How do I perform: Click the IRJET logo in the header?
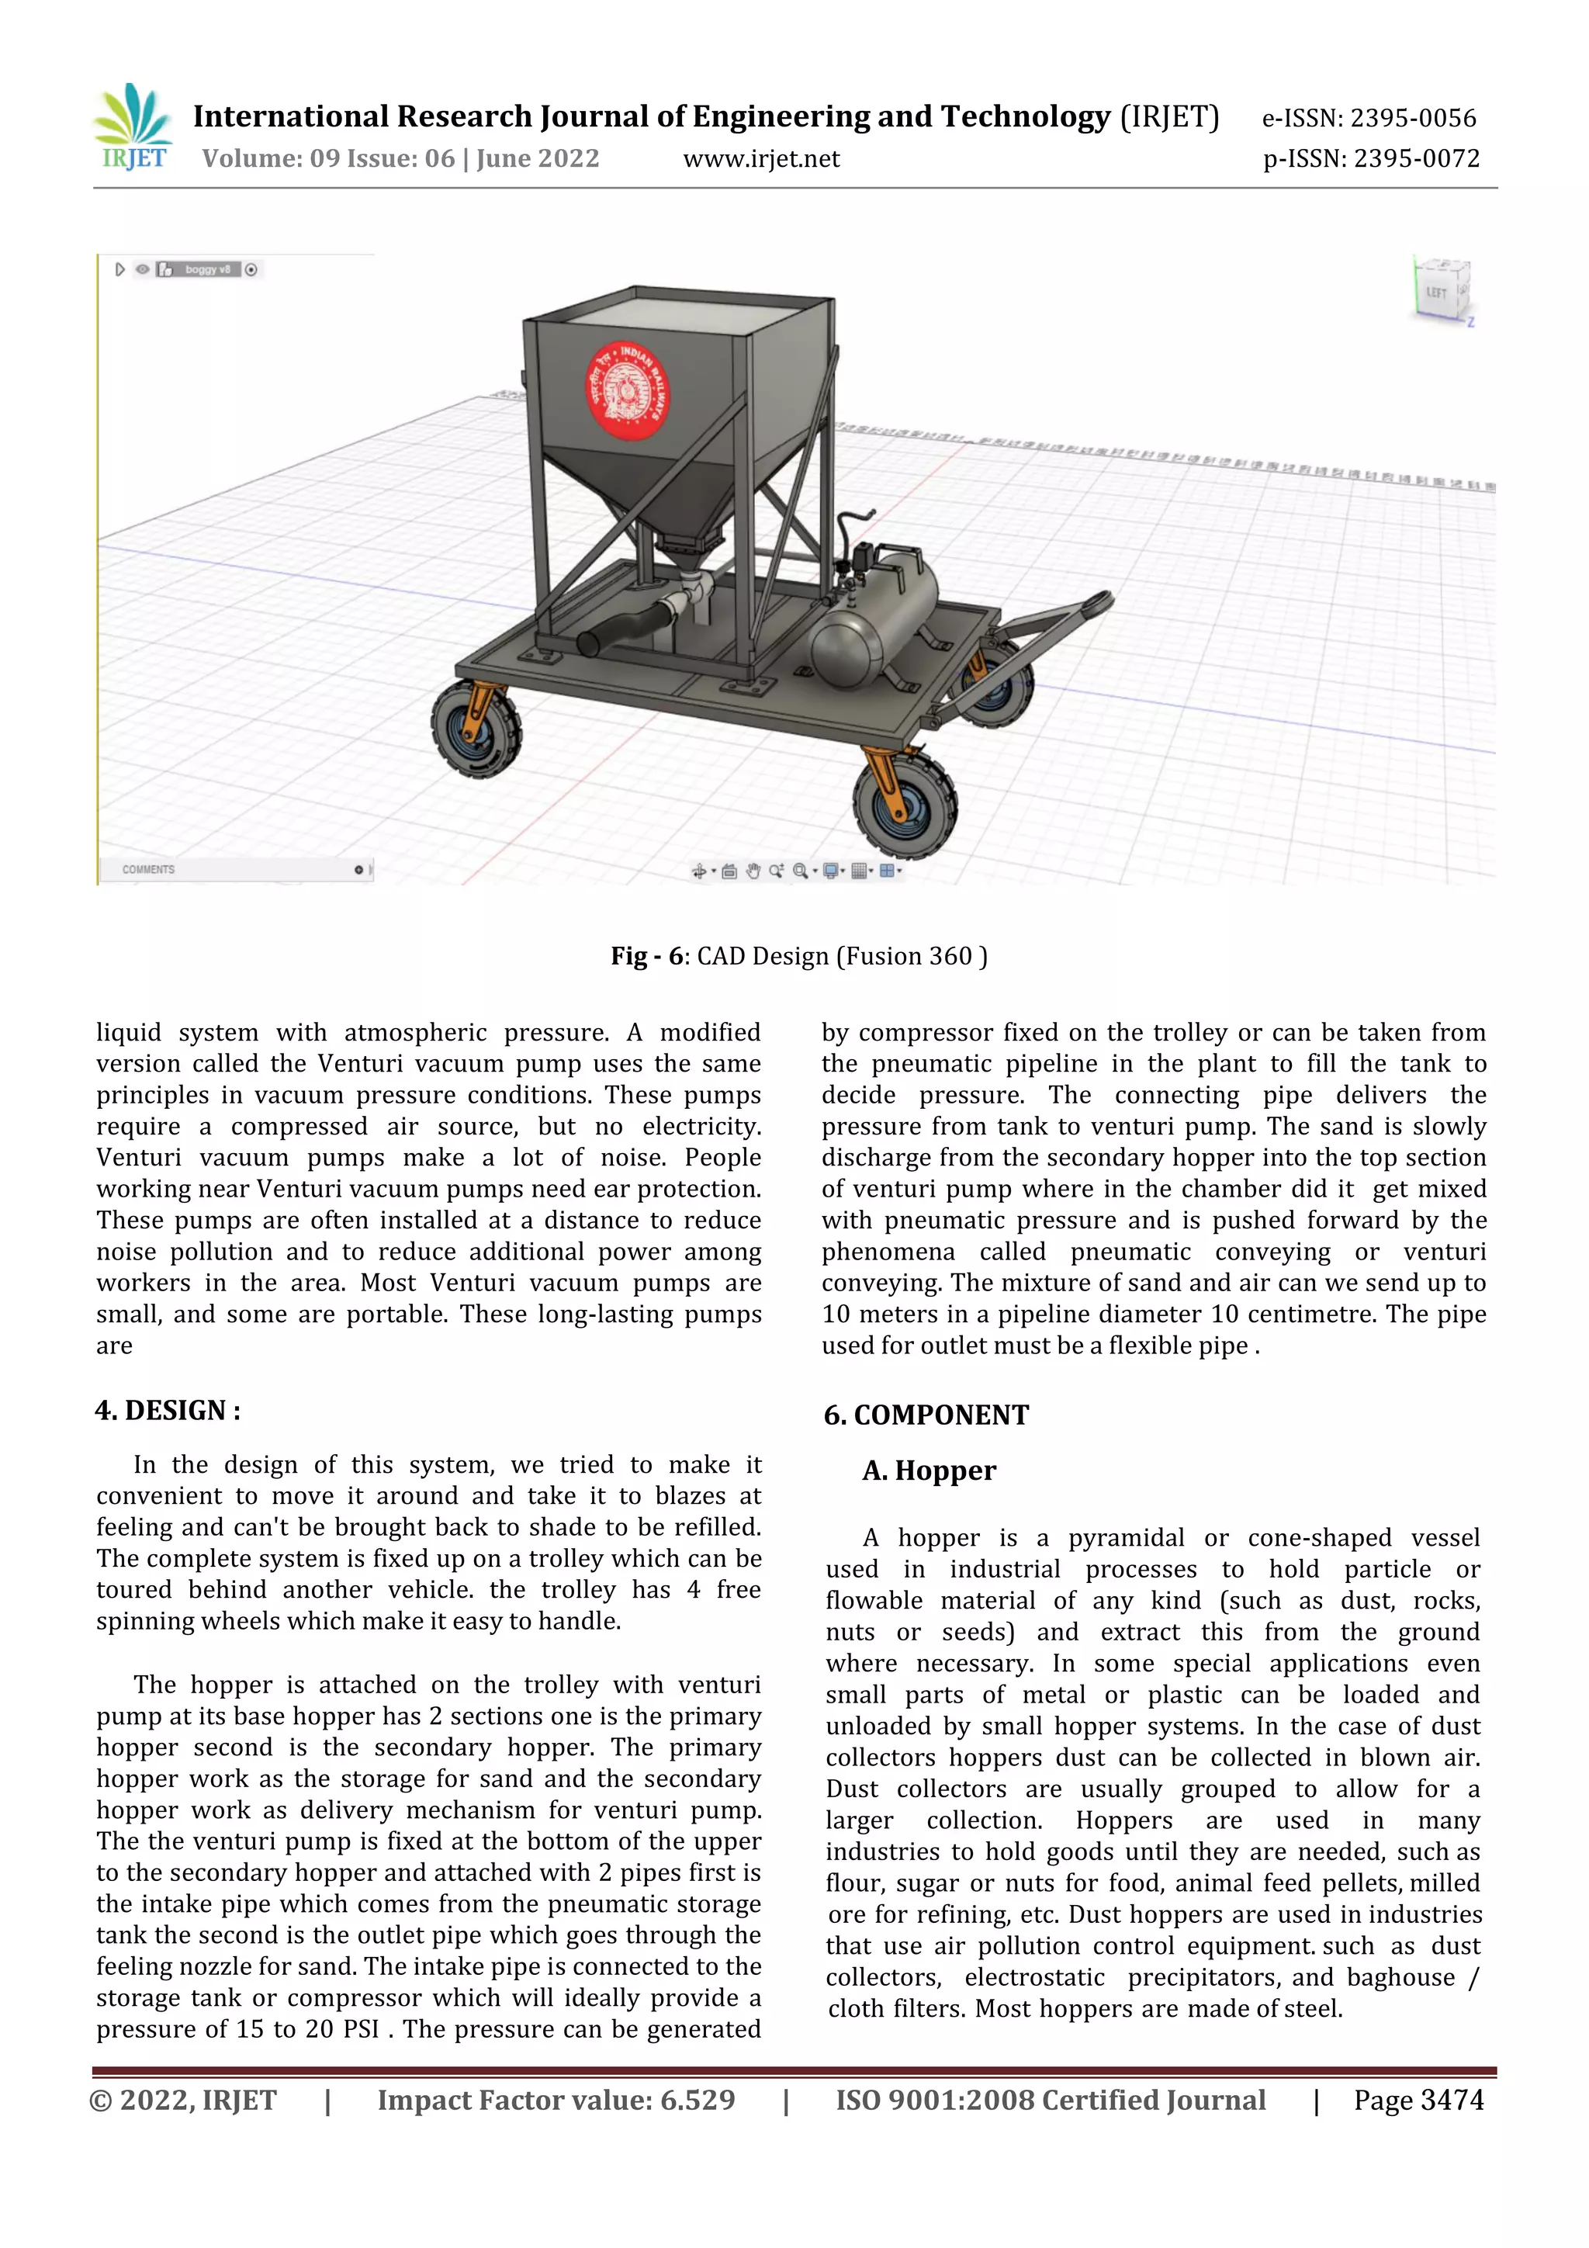click(x=134, y=127)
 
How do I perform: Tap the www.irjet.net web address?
click(x=760, y=158)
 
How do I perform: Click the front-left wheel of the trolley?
click(x=476, y=729)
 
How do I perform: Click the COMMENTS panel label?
click(x=149, y=869)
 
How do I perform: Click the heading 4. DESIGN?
click(x=168, y=1410)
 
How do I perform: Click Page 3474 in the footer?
click(x=1418, y=2100)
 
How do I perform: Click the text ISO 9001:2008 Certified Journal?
click(x=1050, y=2100)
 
